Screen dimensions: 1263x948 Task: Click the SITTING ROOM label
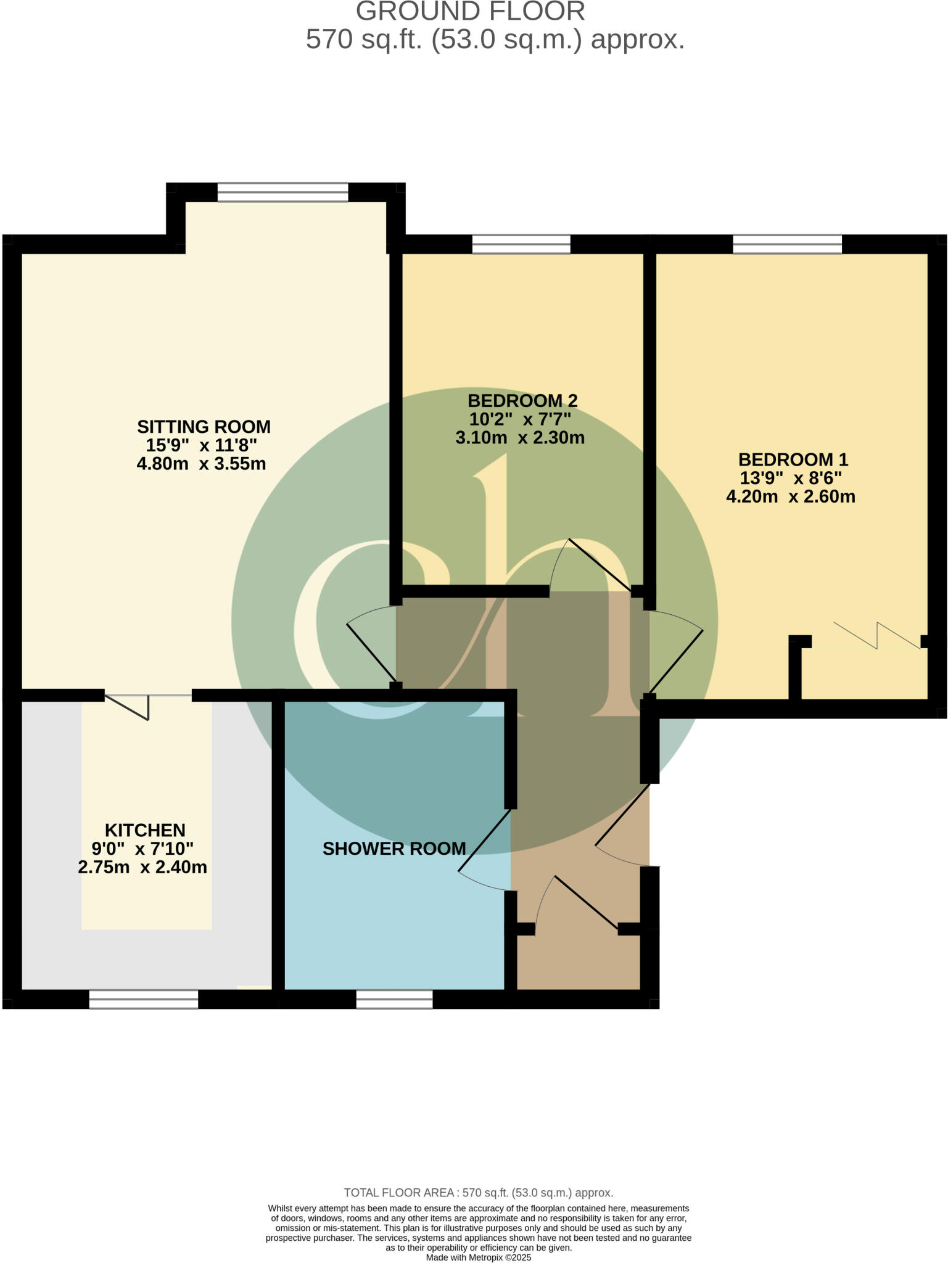pyautogui.click(x=204, y=426)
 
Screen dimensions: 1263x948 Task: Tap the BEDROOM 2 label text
pyautogui.click(x=522, y=400)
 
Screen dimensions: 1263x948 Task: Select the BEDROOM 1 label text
pyautogui.click(x=793, y=459)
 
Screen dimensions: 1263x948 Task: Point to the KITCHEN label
pyautogui.click(x=145, y=830)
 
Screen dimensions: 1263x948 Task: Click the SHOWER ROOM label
pyautogui.click(x=394, y=849)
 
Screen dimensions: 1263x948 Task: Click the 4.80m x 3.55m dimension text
pyautogui.click(x=201, y=464)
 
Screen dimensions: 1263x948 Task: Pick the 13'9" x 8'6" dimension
pyautogui.click(x=791, y=478)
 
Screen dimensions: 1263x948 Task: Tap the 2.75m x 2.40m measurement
pyautogui.click(x=142, y=867)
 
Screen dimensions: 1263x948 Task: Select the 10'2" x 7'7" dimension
pyautogui.click(x=520, y=419)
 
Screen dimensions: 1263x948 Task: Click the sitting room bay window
pyautogui.click(x=282, y=192)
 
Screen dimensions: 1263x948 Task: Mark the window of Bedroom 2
pyautogui.click(x=521, y=244)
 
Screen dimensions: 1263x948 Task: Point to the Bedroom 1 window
pyautogui.click(x=787, y=244)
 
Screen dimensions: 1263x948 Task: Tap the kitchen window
pyautogui.click(x=144, y=999)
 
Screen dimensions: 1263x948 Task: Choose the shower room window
pyautogui.click(x=394, y=999)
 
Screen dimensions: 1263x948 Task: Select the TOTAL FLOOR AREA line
pyautogui.click(x=478, y=1193)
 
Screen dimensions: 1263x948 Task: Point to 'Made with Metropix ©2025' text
pyautogui.click(x=478, y=1257)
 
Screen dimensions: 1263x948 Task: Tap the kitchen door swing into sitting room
pyautogui.click(x=128, y=706)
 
